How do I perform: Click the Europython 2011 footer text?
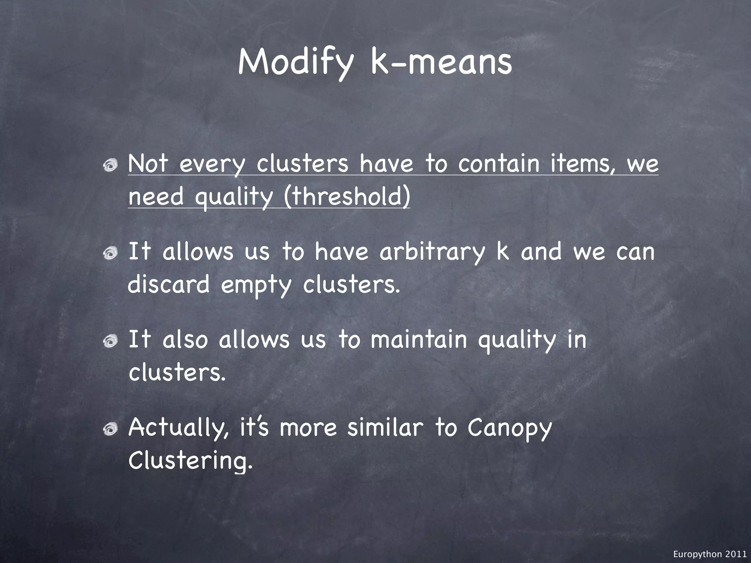(x=710, y=554)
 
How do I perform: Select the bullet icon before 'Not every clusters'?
(x=110, y=166)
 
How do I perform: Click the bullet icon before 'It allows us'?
(x=110, y=253)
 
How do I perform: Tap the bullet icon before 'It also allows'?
(x=110, y=341)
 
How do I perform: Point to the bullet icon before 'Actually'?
(x=110, y=428)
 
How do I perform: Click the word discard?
(x=169, y=284)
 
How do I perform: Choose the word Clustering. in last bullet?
(x=191, y=460)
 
